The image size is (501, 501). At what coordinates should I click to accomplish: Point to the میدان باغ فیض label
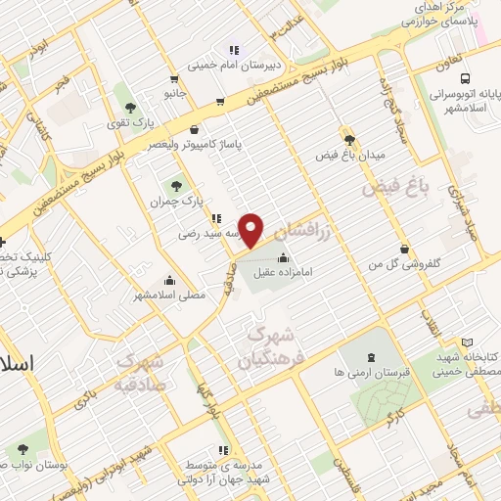point(351,155)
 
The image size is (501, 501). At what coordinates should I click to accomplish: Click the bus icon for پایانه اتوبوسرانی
point(464,79)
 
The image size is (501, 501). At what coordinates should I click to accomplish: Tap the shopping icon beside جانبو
point(173,79)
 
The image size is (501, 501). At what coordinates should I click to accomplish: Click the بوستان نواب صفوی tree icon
point(22,448)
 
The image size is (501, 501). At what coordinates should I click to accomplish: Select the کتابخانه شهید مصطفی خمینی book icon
point(467,342)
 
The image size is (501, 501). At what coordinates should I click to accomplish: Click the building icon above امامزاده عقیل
point(284,259)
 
